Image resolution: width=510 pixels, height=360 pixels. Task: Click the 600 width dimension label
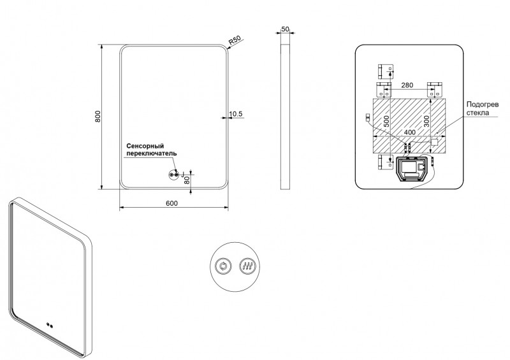pos(171,203)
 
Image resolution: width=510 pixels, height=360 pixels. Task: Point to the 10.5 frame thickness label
pos(236,114)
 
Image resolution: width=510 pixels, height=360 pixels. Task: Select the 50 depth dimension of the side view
pos(285,30)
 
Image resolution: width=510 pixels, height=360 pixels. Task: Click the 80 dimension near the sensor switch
pos(187,180)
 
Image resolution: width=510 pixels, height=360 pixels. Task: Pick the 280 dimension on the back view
pos(409,85)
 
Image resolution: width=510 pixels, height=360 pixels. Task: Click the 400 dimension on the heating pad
pos(409,132)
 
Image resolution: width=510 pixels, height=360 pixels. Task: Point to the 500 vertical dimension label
pos(386,122)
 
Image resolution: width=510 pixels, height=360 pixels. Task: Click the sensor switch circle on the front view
pos(173,175)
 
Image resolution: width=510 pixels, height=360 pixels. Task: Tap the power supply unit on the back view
pos(412,169)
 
